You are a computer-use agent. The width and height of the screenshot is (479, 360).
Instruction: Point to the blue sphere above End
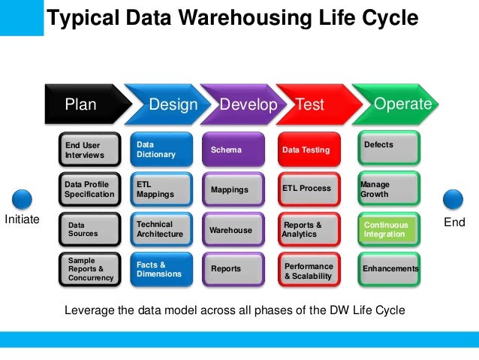453,199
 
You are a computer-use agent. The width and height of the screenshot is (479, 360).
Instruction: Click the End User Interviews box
89,150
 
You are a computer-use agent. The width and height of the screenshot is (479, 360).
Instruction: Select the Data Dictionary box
161,149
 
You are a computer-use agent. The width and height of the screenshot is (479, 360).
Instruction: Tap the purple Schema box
233,150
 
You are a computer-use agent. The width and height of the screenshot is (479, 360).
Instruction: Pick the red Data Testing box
309,150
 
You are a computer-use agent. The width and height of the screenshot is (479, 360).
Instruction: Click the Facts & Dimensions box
161,269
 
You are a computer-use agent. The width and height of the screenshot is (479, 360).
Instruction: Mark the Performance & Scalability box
309,271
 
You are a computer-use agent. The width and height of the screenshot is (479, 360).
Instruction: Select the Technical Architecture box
161,229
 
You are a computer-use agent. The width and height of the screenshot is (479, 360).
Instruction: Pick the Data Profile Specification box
89,189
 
